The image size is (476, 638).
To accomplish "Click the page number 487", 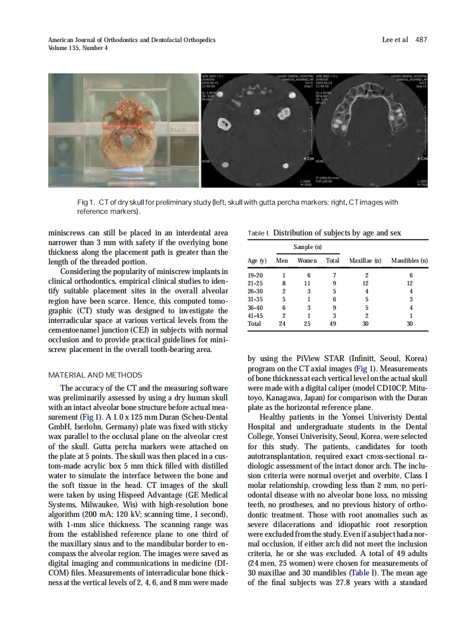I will [x=421, y=40].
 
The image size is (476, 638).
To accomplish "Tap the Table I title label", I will [x=259, y=234].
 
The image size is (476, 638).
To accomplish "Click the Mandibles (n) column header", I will [x=409, y=260].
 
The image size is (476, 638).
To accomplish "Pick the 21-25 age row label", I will [x=256, y=283].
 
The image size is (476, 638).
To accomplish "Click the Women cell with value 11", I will [x=307, y=283].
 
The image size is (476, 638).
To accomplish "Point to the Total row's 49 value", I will [x=332, y=323].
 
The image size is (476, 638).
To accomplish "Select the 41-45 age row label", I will [x=256, y=315].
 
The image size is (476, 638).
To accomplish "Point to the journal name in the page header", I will [x=131, y=40].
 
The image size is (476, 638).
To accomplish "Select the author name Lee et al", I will [x=395, y=40].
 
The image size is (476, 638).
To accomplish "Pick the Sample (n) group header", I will [x=307, y=247].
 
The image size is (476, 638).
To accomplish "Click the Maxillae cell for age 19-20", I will [x=366, y=275].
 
